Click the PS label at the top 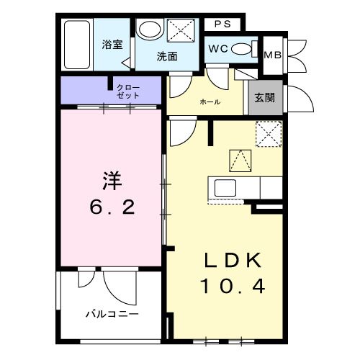coord(222,24)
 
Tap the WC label coord(217,49)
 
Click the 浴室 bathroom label coord(112,43)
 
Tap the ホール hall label coord(210,102)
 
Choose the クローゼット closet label coord(130,91)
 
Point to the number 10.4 coord(233,287)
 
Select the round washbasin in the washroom coord(150,30)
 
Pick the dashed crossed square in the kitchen coord(268,133)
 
